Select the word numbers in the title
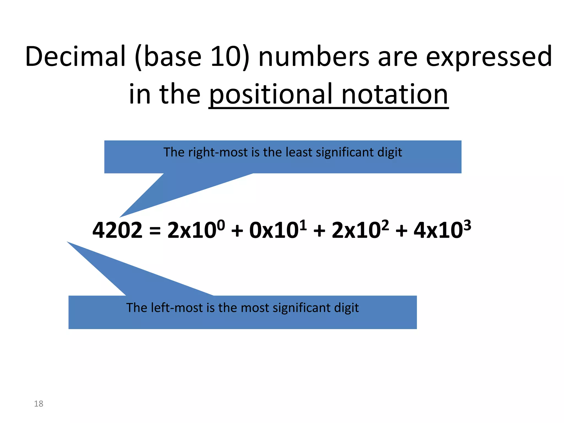click(314, 56)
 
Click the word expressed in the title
click(489, 56)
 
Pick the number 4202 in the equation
click(118, 230)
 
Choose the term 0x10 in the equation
click(274, 230)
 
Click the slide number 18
click(39, 404)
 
